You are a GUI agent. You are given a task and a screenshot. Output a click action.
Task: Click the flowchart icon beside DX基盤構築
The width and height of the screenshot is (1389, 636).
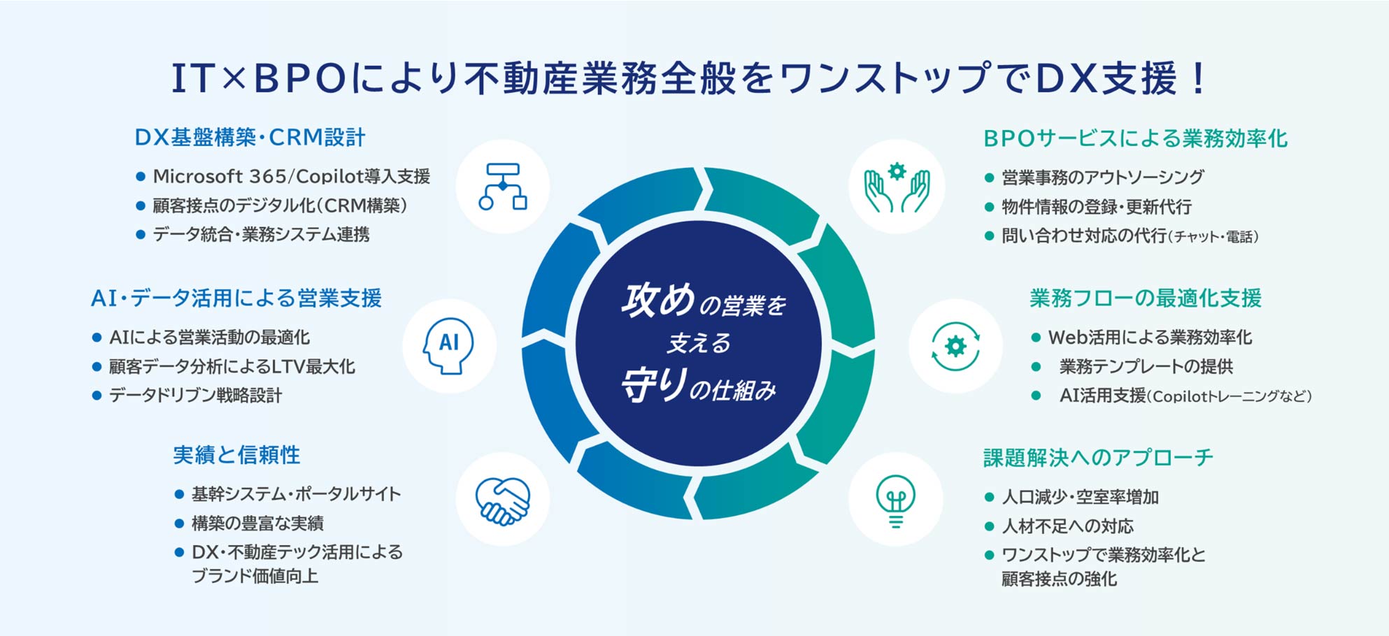click(502, 187)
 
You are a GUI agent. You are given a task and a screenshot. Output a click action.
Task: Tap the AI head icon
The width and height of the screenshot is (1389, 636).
click(448, 345)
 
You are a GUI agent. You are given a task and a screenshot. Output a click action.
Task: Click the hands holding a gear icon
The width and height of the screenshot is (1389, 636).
click(897, 187)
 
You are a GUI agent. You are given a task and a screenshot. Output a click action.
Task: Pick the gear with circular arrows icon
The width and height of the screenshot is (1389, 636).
click(955, 346)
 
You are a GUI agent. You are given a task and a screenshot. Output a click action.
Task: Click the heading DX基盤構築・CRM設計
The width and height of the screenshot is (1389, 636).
click(250, 138)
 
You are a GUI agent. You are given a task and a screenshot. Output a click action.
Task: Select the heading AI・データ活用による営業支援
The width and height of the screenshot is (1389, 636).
click(236, 298)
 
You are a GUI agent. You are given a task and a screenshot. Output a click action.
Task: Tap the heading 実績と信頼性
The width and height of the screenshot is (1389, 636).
click(236, 455)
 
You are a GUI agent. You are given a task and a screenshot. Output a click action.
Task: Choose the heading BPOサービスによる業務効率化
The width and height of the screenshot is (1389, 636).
click(1135, 138)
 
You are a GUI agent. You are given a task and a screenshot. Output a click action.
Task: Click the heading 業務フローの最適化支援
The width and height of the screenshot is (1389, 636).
click(1146, 298)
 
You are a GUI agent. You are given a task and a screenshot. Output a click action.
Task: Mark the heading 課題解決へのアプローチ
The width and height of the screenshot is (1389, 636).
click(1098, 458)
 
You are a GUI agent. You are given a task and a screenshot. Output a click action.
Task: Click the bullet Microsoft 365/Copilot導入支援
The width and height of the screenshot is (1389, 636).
click(291, 176)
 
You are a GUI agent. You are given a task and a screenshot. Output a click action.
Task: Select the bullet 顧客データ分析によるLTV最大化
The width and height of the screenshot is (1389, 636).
click(231, 366)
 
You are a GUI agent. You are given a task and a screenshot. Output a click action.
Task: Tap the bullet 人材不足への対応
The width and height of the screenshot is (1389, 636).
click(1067, 526)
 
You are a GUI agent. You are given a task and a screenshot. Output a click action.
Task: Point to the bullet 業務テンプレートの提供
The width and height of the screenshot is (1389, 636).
click(1146, 366)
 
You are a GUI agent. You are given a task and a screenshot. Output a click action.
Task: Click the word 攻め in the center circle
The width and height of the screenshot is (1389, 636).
click(658, 300)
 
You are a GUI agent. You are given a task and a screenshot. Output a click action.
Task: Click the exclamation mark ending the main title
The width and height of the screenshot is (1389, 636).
click(1199, 78)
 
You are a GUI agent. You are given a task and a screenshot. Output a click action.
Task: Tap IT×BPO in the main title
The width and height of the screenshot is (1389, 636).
click(259, 78)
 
